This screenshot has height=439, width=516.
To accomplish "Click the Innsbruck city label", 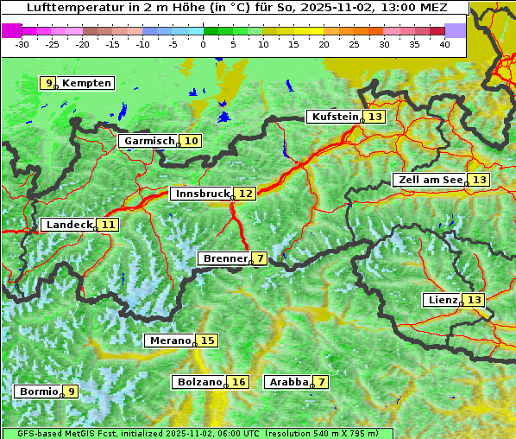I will click(x=201, y=194).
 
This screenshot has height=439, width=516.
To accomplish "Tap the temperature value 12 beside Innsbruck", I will click(x=246, y=194).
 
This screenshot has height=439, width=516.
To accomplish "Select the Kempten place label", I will click(x=86, y=83).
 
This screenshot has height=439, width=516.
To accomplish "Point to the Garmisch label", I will click(x=149, y=141).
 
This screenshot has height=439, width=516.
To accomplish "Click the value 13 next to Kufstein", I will click(x=374, y=117).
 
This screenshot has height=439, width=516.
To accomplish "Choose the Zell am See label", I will click(x=429, y=180).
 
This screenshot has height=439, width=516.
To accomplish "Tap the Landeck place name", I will click(x=69, y=225).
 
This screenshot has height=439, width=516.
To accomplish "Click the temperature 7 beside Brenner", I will click(x=260, y=258).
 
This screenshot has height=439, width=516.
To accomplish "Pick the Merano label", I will click(x=169, y=340).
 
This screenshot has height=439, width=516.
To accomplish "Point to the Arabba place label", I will click(x=288, y=382).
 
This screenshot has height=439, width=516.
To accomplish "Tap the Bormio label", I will click(x=39, y=391).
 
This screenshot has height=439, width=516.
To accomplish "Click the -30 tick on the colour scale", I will click(x=22, y=43).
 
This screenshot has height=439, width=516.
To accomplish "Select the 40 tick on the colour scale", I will click(x=444, y=43).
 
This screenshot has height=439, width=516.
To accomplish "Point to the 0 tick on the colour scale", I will click(x=204, y=43).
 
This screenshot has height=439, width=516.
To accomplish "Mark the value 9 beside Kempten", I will click(x=50, y=83).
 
